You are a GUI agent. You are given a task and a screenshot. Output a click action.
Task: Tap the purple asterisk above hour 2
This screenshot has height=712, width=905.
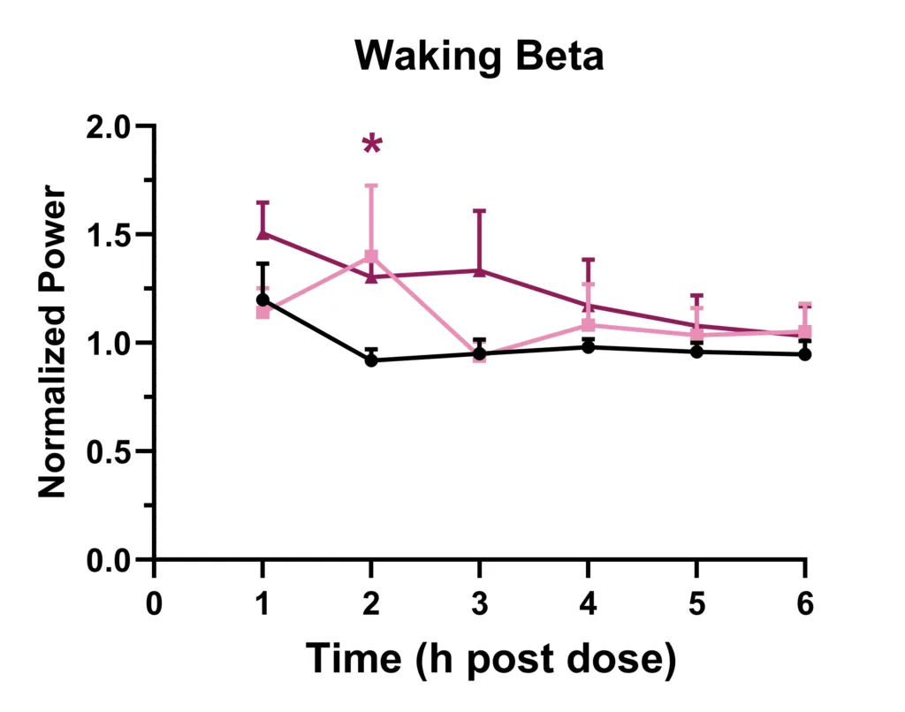point(372,145)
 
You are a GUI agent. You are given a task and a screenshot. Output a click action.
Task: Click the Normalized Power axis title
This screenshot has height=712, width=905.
point(53,343)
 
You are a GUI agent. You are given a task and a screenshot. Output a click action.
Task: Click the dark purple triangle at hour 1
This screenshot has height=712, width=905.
point(263,233)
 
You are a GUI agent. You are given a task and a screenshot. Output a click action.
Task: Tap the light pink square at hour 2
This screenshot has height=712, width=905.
point(372,257)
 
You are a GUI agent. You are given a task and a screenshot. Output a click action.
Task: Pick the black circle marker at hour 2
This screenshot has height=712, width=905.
point(372,360)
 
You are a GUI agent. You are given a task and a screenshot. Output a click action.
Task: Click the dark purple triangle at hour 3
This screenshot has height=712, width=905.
point(480,271)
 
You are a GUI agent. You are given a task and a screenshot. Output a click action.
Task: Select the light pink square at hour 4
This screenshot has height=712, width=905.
point(589,325)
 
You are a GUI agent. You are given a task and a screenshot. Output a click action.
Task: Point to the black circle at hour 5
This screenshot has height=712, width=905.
point(696,352)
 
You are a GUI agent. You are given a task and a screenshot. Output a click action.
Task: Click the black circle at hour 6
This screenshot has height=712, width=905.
point(805,354)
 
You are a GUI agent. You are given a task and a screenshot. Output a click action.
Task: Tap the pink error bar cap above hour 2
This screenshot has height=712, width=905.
point(372,186)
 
